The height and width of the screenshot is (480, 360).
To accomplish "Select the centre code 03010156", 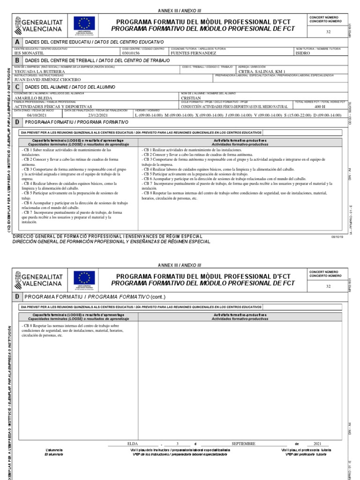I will pos(131,53).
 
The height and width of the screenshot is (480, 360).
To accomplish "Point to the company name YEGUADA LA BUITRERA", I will pos(39,72).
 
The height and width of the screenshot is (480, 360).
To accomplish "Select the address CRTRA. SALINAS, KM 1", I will pos(262,72).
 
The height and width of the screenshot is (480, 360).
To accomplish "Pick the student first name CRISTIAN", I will pos(191,98).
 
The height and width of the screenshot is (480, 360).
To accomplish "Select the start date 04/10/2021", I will pos(37,115).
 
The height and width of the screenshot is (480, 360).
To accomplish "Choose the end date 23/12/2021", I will pos(98,115).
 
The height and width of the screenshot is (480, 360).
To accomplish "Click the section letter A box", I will pos(18,42).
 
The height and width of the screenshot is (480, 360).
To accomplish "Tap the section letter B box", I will pos(18,60).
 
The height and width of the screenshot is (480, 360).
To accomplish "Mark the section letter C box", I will pos(18,87).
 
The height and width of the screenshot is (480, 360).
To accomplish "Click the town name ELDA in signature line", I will pos(134,443).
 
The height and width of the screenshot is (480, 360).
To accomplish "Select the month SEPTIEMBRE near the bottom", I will pos(243,443).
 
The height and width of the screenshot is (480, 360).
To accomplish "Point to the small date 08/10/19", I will pos(337,237).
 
